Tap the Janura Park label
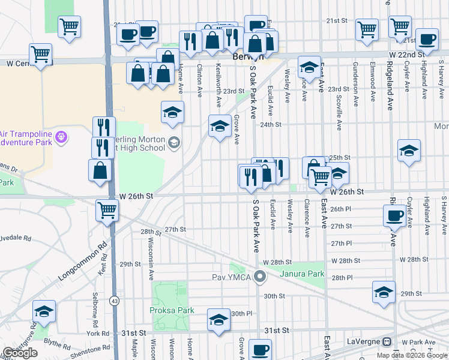pyautogui.click(x=303, y=274)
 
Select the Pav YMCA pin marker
pyautogui.click(x=260, y=277)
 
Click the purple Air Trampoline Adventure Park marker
pyautogui.click(x=61, y=138)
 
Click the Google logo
pyautogui.click(x=20, y=353)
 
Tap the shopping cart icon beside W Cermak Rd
pyautogui.click(x=40, y=53)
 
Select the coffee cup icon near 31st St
pyautogui.click(x=261, y=349)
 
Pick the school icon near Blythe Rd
pyautogui.click(x=44, y=311)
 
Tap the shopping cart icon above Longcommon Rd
pyautogui.click(x=107, y=210)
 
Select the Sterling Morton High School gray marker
pyautogui.click(x=174, y=142)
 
